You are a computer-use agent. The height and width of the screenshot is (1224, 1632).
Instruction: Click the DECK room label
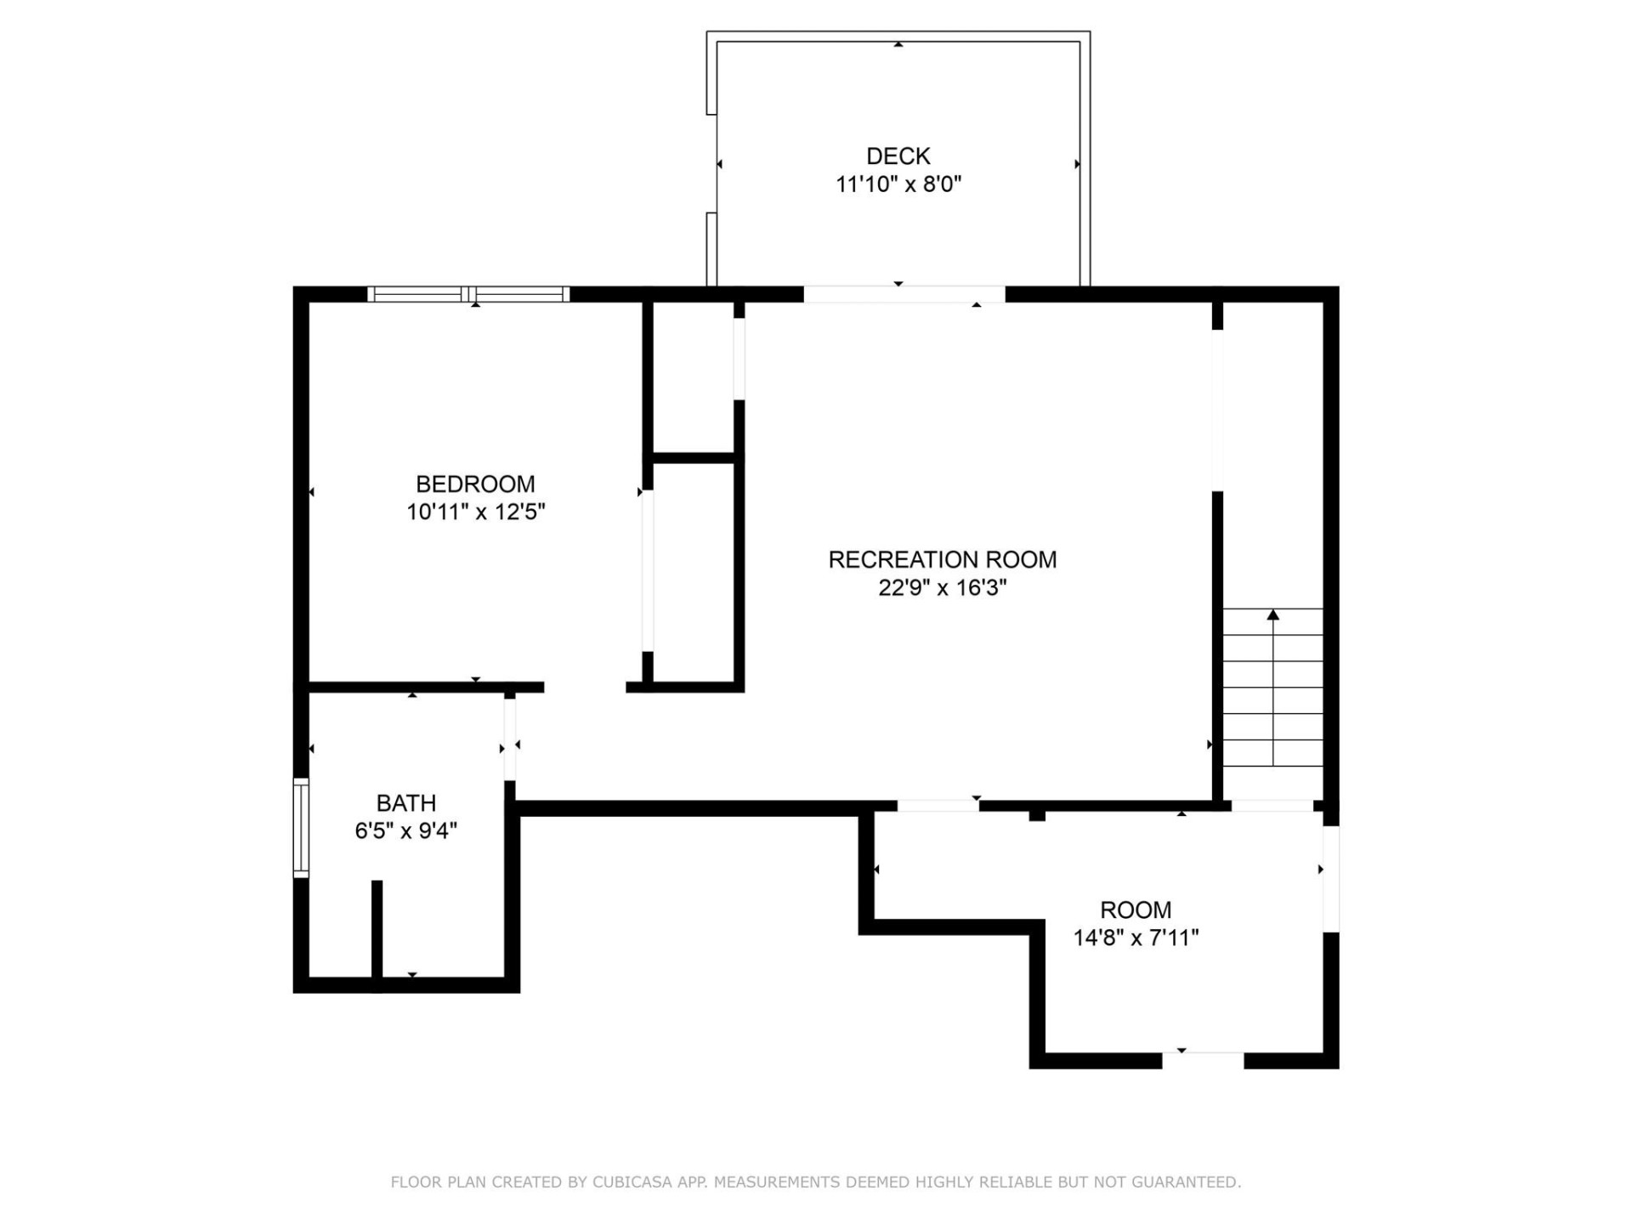point(898,156)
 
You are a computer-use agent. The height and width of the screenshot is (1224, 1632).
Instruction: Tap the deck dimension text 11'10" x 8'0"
point(898,184)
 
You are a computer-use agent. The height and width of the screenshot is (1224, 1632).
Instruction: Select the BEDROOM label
point(475,484)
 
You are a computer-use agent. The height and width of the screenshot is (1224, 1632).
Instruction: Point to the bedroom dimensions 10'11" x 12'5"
point(475,513)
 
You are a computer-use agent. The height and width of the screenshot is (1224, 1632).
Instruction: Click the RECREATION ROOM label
point(942,560)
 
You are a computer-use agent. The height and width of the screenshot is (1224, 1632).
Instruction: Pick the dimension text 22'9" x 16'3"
point(942,588)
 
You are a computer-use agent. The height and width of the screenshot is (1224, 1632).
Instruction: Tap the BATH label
point(405,803)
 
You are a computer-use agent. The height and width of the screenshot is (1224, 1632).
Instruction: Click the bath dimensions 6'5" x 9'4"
point(405,831)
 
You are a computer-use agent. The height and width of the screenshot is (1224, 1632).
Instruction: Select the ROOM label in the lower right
point(1135,910)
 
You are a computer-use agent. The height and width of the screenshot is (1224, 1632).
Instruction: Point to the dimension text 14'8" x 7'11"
point(1135,938)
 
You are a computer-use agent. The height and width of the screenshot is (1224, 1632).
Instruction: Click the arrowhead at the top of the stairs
point(1272,615)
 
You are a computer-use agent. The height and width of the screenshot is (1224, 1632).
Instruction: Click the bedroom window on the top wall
point(468,294)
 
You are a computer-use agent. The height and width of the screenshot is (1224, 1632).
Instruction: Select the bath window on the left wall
point(301,827)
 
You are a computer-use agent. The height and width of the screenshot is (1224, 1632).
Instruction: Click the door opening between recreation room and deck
point(904,294)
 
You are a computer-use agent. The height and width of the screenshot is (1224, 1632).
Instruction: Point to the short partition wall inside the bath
point(377,931)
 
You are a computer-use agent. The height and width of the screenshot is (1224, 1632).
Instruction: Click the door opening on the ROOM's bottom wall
point(1202,1060)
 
